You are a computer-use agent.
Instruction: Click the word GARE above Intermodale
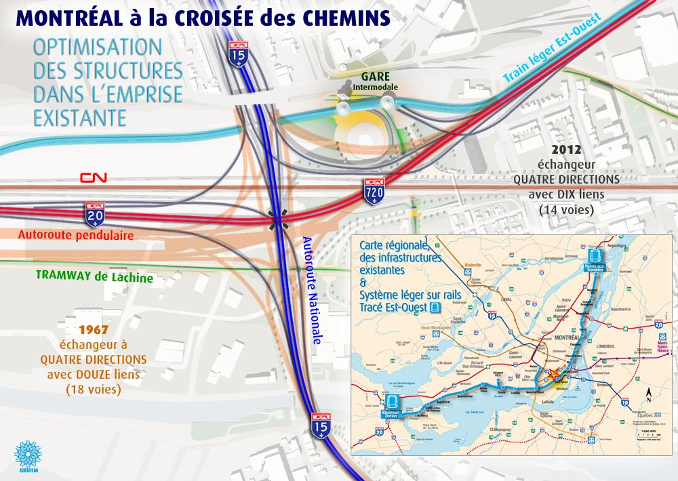[375, 77]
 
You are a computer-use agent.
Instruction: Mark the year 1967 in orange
[94, 330]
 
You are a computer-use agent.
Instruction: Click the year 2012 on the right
[567, 150]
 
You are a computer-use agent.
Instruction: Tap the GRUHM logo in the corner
[28, 457]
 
